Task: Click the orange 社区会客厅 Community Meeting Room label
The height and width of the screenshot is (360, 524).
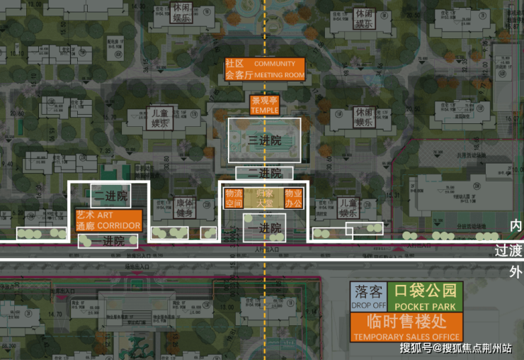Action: click(x=264, y=69)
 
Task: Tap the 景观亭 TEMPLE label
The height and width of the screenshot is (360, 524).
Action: click(x=265, y=105)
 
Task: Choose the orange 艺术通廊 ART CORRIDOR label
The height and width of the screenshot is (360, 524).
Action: click(x=109, y=220)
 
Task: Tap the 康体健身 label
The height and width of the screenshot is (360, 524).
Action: click(x=184, y=207)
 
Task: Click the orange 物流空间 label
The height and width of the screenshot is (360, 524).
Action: click(x=234, y=198)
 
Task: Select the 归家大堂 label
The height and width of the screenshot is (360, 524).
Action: click(x=264, y=198)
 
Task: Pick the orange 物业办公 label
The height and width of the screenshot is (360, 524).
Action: click(x=293, y=198)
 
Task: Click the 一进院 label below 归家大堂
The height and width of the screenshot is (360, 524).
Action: click(x=264, y=228)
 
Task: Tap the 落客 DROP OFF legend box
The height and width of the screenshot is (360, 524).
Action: click(x=368, y=297)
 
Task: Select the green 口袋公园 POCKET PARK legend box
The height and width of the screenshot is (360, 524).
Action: click(x=425, y=297)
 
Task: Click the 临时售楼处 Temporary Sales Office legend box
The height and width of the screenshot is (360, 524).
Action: click(x=406, y=327)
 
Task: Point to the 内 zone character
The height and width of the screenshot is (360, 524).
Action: click(x=516, y=225)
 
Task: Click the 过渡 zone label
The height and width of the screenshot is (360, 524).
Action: click(x=509, y=251)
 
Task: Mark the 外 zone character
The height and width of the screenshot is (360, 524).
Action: click(x=516, y=271)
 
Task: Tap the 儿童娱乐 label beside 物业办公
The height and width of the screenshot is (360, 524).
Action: click(x=347, y=208)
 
